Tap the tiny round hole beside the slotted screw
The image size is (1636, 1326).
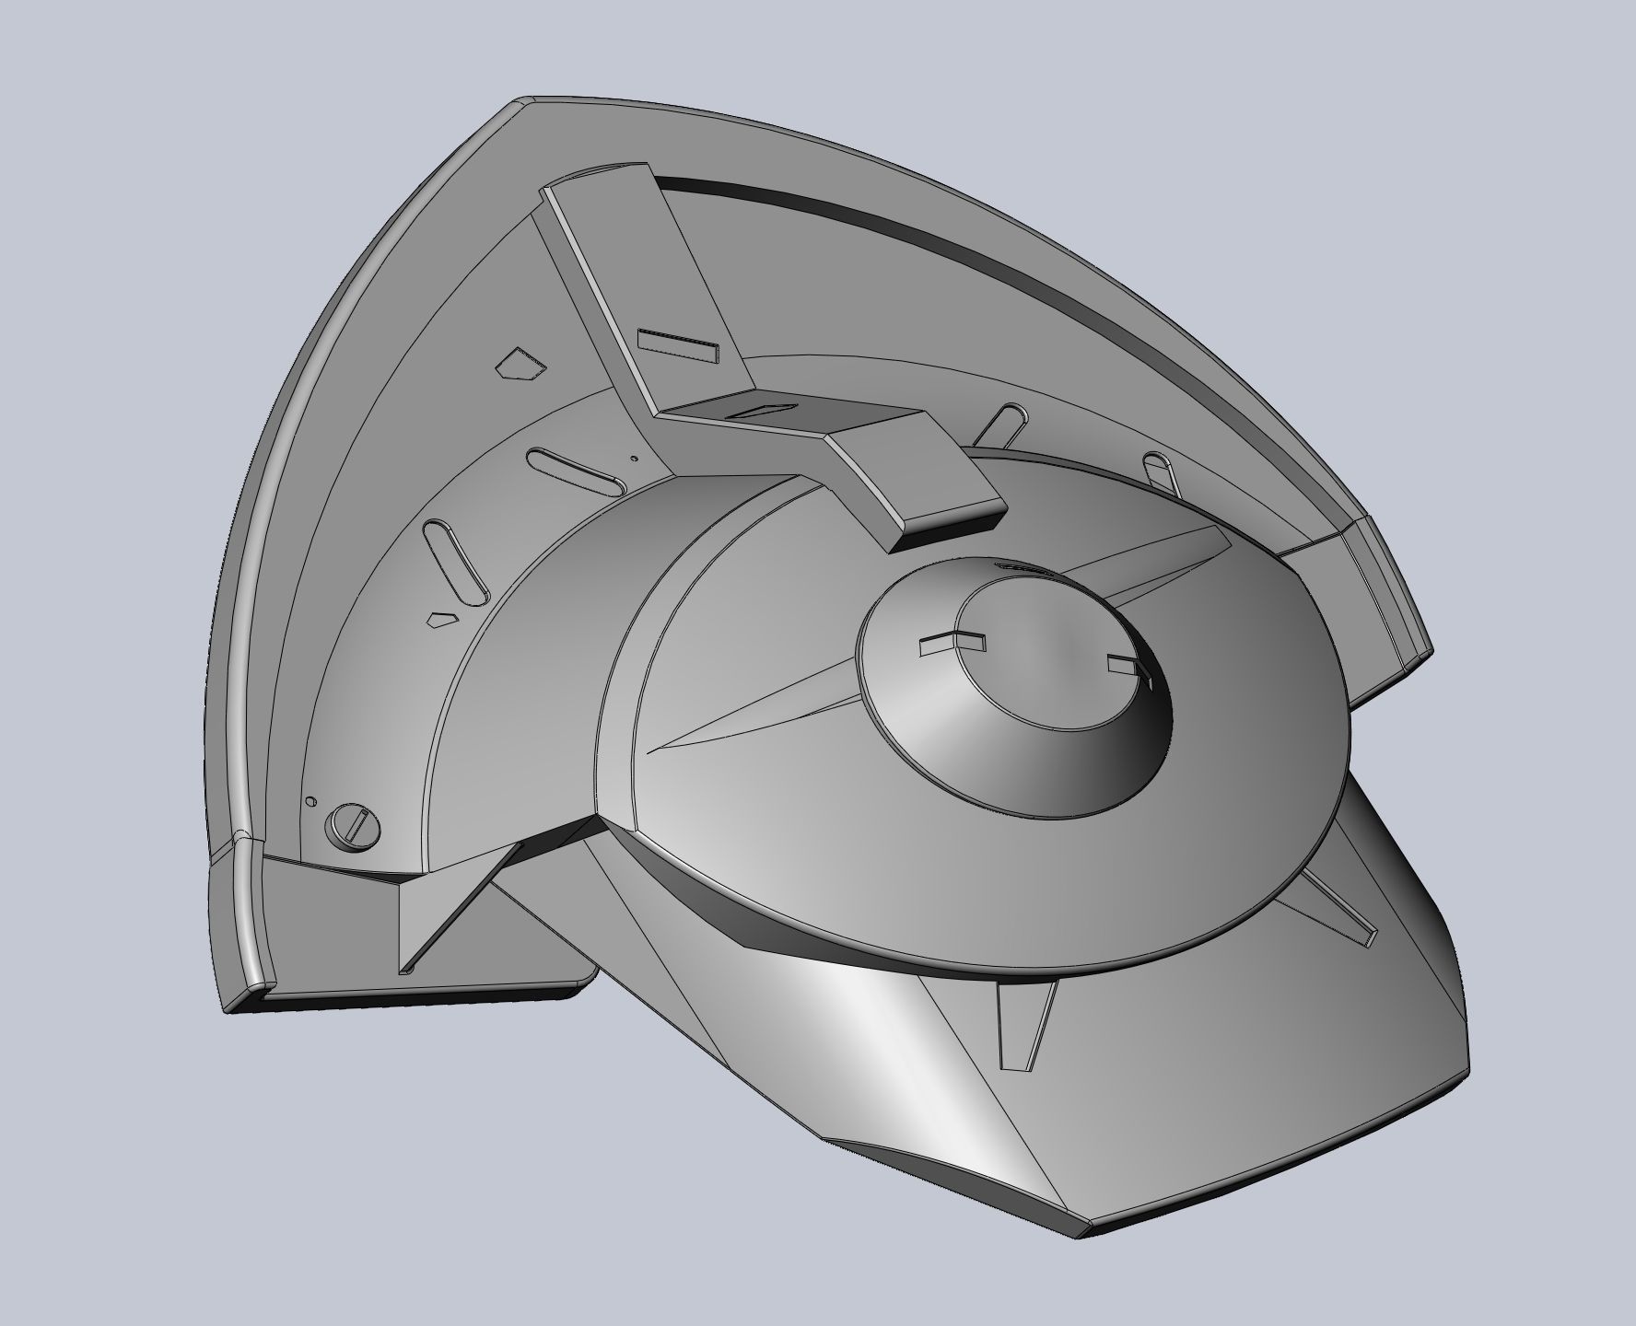tap(310, 801)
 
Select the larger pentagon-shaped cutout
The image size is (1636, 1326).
tap(519, 366)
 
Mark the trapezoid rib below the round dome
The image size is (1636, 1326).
tap(1024, 1022)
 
